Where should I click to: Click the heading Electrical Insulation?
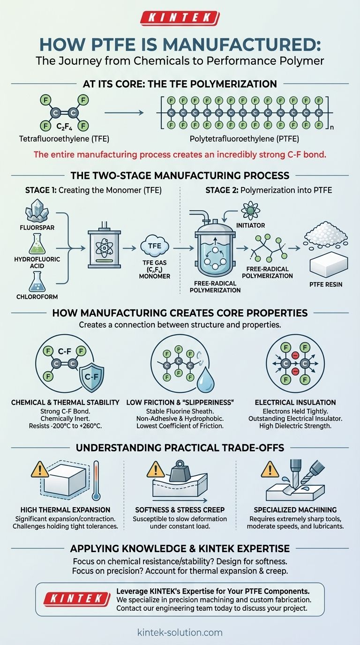pyautogui.click(x=295, y=402)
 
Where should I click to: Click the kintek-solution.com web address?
pyautogui.click(x=180, y=632)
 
